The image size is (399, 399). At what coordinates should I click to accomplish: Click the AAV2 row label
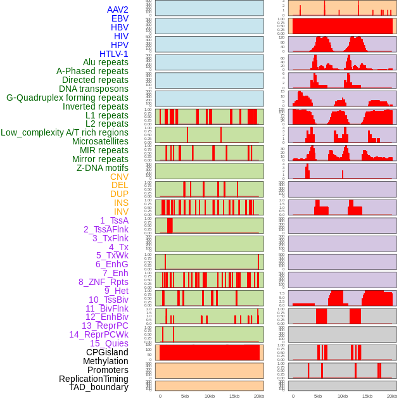(117, 9)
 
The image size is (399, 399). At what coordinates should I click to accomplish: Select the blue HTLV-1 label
(113, 54)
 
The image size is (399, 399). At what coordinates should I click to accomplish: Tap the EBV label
(120, 18)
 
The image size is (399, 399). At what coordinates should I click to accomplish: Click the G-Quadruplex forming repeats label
(67, 98)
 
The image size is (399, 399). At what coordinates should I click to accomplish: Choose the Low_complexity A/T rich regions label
(65, 132)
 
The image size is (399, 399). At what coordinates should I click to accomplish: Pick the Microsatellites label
(100, 141)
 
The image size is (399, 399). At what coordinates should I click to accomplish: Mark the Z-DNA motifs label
(102, 168)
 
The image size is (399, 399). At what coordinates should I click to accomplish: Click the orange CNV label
(119, 177)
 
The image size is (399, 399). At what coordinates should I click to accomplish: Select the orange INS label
(121, 203)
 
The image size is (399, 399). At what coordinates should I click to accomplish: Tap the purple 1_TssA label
(114, 220)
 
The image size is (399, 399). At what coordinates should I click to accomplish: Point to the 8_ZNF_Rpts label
(103, 282)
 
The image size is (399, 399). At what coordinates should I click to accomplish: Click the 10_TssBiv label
(108, 300)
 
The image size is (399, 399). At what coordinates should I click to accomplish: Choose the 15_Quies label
(109, 343)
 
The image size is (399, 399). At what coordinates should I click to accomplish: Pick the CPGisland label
(107, 352)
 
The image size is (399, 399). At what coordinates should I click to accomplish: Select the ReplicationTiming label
(93, 379)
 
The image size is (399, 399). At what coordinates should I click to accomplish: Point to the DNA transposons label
(94, 89)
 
